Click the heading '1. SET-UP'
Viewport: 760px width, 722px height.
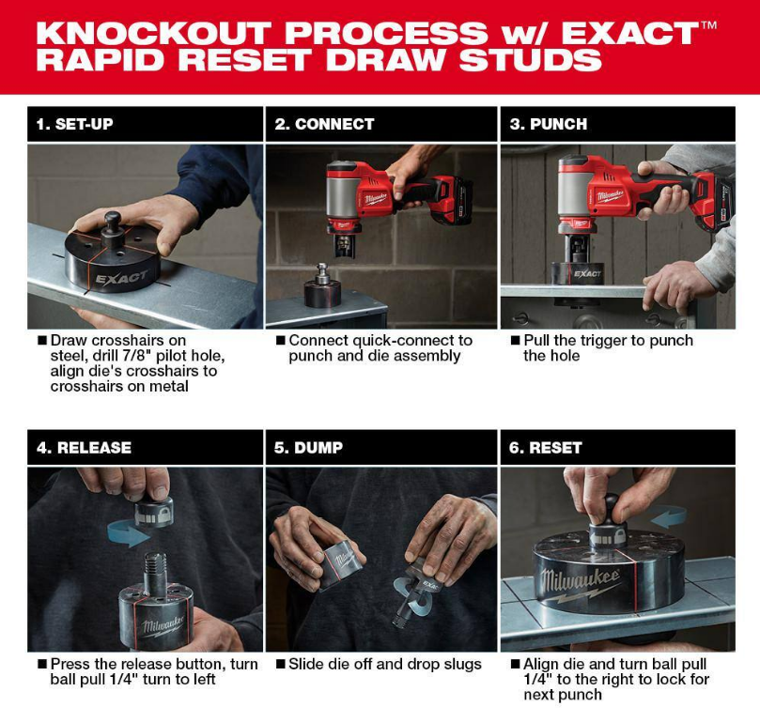[x=75, y=124]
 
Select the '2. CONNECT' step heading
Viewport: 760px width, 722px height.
[x=324, y=124]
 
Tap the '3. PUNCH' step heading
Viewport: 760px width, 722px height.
[x=548, y=124]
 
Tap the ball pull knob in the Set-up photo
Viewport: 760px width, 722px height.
[x=114, y=221]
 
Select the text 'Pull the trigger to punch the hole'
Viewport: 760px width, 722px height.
[x=606, y=347]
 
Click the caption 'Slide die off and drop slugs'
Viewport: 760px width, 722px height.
[x=385, y=664]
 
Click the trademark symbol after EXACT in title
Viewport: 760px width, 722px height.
[x=708, y=25]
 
